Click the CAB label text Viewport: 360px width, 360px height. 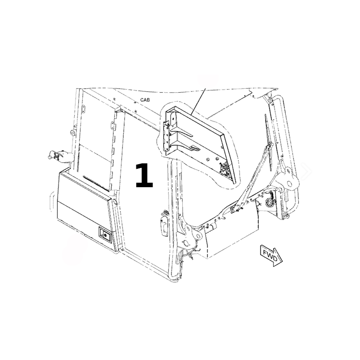[x=145, y=100]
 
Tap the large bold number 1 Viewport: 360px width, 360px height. [x=144, y=175]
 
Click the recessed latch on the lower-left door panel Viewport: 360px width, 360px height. [x=105, y=234]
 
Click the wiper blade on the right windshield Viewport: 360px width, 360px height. [x=268, y=142]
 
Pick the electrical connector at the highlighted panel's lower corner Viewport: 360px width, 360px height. [x=224, y=168]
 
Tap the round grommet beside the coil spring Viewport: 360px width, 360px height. [x=269, y=202]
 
